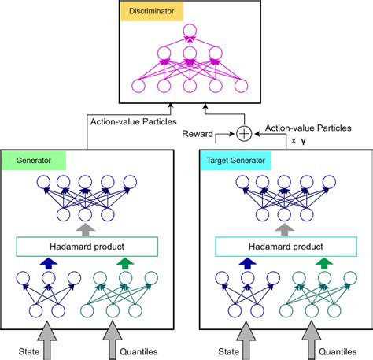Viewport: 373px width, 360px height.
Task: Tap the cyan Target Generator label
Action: click(236, 159)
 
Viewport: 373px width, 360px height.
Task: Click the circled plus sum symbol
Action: click(245, 133)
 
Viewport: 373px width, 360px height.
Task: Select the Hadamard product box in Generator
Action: click(87, 247)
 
